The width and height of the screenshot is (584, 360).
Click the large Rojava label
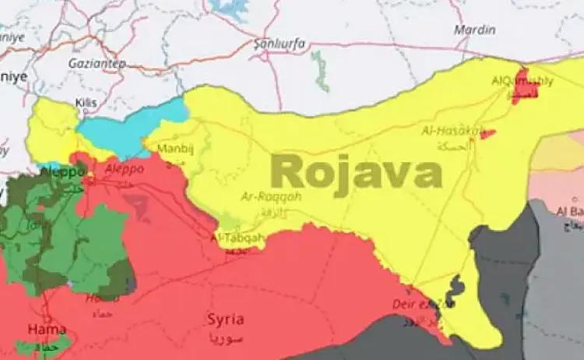[357, 171]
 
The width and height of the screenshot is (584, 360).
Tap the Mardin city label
[476, 30]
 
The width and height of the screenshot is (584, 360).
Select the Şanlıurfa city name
[278, 44]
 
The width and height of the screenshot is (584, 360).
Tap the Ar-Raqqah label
[270, 196]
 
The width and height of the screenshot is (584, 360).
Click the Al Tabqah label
[238, 237]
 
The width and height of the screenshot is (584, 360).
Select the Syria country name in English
[225, 319]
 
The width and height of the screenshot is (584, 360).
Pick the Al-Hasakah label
[452, 131]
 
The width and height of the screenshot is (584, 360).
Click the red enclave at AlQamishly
[522, 86]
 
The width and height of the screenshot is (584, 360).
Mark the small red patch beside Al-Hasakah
[488, 134]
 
